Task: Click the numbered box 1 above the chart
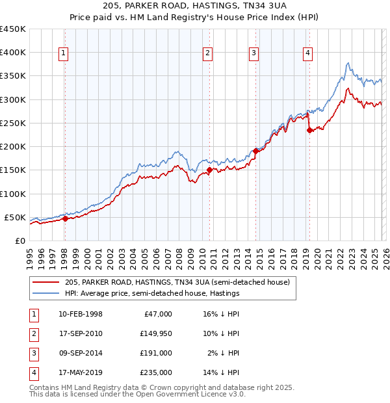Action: tap(64, 53)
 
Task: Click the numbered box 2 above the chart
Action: tap(207, 53)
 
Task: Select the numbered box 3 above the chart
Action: tap(253, 53)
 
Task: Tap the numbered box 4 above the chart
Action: tap(307, 53)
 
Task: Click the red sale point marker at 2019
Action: tap(309, 130)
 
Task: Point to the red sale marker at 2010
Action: tap(209, 170)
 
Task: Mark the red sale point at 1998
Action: tap(65, 219)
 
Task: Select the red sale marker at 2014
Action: tap(255, 151)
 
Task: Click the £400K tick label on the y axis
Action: tap(12, 53)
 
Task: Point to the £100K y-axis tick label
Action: tap(12, 194)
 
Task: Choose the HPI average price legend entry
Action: tap(152, 294)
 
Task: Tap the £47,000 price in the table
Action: tap(157, 314)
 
